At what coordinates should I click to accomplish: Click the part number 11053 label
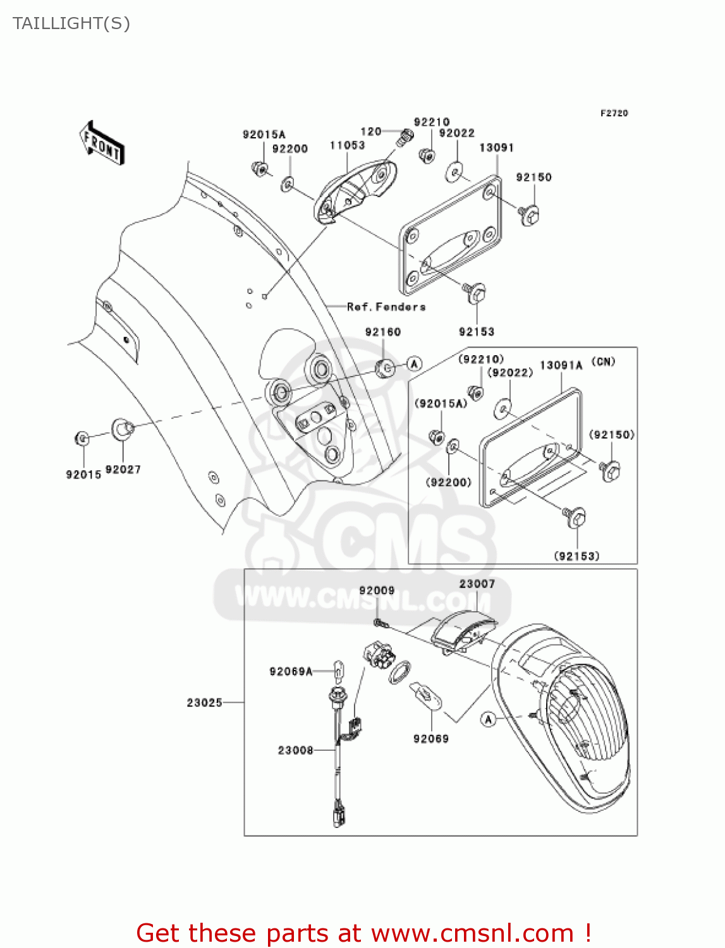coord(347,145)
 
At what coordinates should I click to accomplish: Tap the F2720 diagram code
coord(614,113)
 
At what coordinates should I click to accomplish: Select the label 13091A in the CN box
coord(561,365)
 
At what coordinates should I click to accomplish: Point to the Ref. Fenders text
coord(386,307)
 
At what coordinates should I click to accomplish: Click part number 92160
coord(382,332)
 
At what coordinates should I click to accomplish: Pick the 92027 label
coord(123,470)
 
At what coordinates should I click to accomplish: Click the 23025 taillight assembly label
coord(204,702)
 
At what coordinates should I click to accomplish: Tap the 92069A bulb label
coord(291,671)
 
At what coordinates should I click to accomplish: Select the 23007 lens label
coord(477,584)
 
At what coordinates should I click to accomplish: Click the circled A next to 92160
coord(414,364)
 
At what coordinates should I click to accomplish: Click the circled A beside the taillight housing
coord(488,719)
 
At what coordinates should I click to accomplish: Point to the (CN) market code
coord(603,362)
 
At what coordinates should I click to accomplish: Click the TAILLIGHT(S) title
coord(71,23)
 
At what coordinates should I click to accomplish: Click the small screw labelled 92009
coord(379,623)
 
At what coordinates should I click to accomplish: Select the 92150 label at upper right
coord(533,178)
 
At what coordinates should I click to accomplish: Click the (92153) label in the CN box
coord(576,556)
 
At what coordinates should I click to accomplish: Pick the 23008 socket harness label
coord(295,750)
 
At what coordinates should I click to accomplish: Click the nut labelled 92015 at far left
coord(82,437)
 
